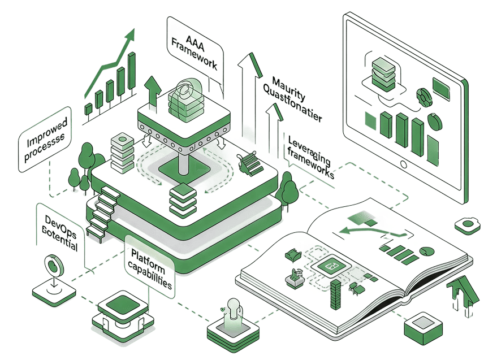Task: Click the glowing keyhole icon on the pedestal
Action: (x=232, y=310)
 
